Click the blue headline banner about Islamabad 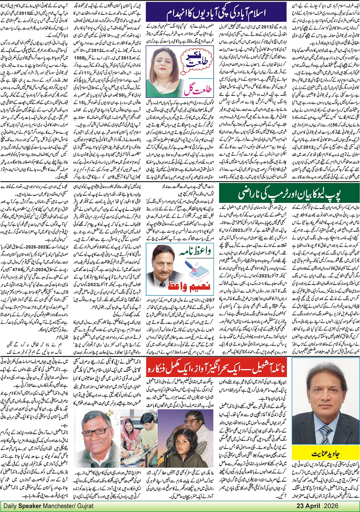(216, 13)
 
